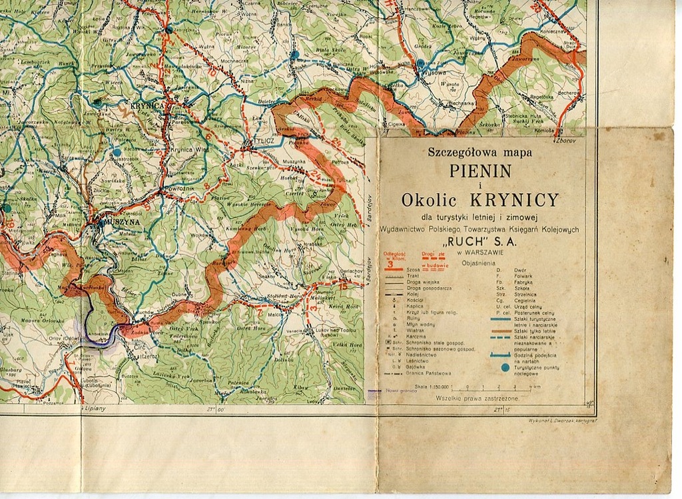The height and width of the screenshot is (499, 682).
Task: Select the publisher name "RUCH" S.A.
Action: [x=480, y=243]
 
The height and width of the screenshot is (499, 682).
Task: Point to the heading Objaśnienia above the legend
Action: [x=480, y=263]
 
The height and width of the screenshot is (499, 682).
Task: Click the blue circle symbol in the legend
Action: [x=506, y=367]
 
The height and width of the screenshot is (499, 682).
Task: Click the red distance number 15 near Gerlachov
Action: [x=342, y=284]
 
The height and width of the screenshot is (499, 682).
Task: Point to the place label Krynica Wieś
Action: [x=190, y=150]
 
